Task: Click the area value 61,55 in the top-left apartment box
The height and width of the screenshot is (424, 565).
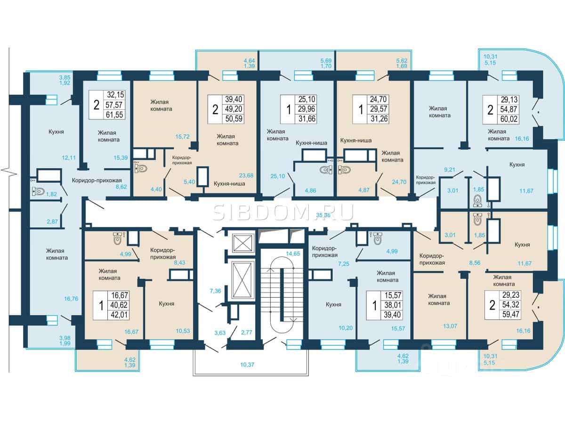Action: coord(114,114)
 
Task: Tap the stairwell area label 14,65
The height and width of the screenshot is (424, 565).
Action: coord(293,253)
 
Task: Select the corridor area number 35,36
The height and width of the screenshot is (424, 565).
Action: coord(323,215)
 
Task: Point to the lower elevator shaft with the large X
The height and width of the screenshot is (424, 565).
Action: coord(242,281)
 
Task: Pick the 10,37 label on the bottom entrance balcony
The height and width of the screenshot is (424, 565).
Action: coord(247,365)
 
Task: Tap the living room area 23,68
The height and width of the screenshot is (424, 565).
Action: coord(246,176)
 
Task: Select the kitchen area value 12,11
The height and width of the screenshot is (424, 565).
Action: coord(68,157)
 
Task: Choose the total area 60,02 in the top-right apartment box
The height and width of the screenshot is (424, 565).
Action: coord(509,119)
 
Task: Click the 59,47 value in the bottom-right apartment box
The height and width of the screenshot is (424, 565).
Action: coord(510,314)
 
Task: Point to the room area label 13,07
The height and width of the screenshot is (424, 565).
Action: coord(450,326)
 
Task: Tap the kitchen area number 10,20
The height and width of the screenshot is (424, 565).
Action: coord(346,328)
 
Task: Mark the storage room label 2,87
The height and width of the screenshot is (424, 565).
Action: coord(52,221)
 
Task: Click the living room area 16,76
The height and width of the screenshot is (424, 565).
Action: coord(71,299)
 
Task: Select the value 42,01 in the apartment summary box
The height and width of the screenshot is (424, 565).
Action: coord(119,315)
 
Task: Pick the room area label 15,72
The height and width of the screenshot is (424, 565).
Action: coord(183,137)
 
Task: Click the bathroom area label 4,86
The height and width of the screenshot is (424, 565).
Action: coord(310,191)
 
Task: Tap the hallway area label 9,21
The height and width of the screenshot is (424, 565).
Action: coord(450,170)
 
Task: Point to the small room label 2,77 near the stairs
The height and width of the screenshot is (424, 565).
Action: coord(246,332)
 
